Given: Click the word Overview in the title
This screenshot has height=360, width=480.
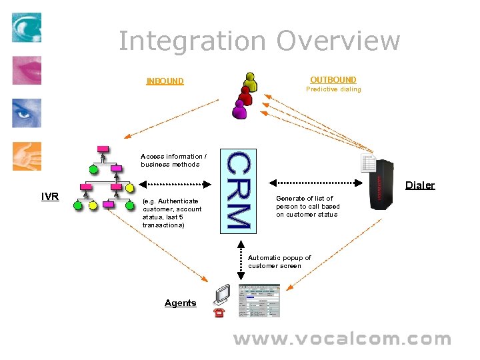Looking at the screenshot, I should tap(338, 41).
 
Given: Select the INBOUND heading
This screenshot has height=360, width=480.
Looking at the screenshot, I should tap(165, 81).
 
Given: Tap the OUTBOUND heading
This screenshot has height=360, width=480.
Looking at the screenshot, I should tap(333, 80).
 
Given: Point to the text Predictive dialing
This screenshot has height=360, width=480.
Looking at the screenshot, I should tap(333, 89).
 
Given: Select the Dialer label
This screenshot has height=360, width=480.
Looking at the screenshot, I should tap(420, 185).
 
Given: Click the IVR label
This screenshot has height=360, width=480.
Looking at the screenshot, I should tap(50, 196).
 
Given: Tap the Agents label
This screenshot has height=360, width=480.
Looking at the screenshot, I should tap(180, 303).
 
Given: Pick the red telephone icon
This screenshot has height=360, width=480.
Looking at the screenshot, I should tap(219, 312).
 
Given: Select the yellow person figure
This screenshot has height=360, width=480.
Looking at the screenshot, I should tap(251, 80).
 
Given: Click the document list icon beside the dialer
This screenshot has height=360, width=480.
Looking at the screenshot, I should tap(368, 162).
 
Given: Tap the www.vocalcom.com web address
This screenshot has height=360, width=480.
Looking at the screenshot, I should tap(341, 339).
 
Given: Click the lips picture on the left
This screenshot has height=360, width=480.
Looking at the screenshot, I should tap(27, 70).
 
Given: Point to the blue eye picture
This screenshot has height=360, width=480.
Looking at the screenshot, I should tap(27, 113).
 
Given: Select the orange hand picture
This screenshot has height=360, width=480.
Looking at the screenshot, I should tap(27, 156).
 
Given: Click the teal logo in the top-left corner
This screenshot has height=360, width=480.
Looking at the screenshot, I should tap(27, 27).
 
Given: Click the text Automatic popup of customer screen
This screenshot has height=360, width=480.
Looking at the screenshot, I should tap(279, 261).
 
